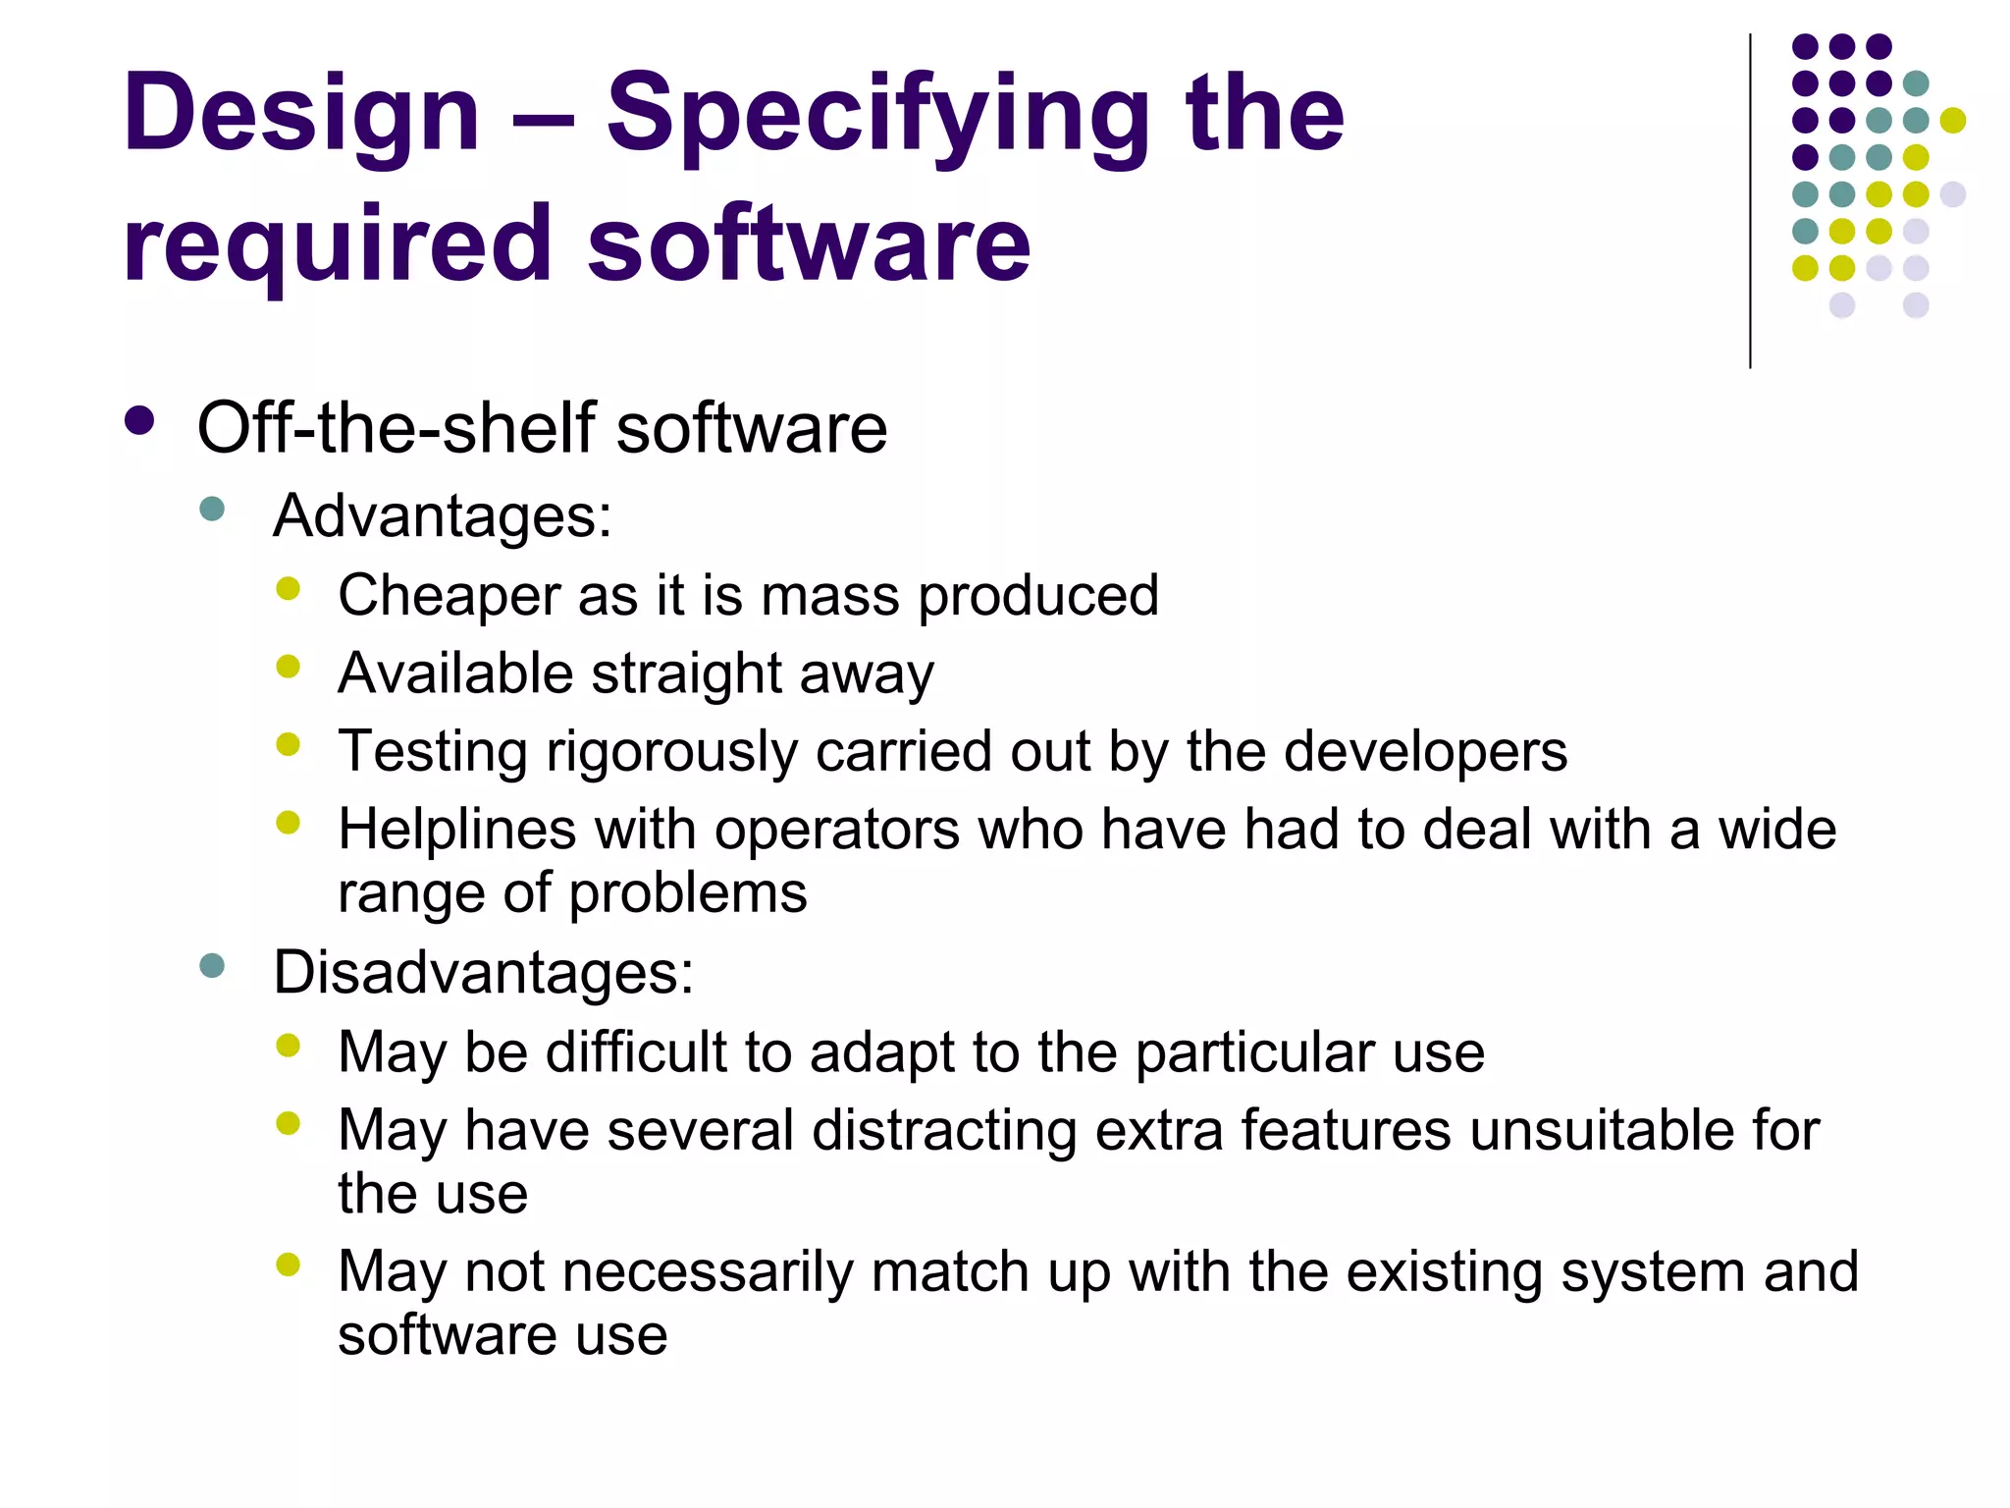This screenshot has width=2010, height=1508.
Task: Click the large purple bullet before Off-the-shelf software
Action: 140,421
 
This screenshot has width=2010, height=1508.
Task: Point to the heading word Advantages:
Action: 442,516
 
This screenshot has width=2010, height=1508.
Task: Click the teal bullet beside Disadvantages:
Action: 212,965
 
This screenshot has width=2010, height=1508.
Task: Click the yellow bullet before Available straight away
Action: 288,667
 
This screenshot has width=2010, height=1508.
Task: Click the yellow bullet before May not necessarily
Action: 288,1265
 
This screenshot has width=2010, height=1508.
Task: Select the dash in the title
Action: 543,122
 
